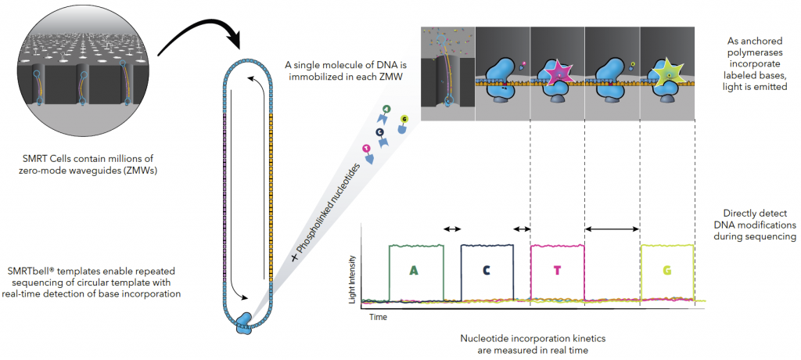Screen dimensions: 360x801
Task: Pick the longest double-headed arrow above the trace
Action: click(x=613, y=229)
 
